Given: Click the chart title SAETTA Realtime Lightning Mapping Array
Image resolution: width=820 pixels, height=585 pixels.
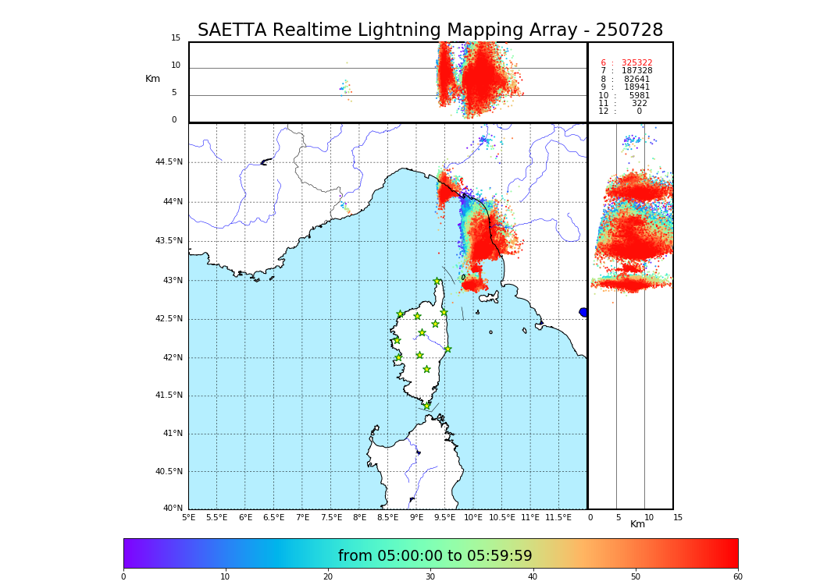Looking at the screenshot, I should pos(430,30).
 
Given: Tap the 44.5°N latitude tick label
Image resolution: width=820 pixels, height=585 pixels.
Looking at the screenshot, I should pos(169,162).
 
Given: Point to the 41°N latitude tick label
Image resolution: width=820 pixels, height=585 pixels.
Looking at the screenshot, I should pos(172,434).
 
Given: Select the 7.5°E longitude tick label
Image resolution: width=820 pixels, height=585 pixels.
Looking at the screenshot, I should pos(331,518).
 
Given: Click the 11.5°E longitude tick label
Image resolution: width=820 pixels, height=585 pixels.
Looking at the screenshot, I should pos(558,518).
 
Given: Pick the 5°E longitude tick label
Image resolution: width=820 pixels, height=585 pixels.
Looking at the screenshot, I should pos(188,518).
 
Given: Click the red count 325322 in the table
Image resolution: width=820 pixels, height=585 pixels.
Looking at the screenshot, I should pos(636,63).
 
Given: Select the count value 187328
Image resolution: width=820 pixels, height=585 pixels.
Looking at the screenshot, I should pos(636,71).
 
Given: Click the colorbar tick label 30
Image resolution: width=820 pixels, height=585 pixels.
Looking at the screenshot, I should pos(430,577).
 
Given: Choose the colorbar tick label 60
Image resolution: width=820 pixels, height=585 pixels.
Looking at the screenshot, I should pos(737,577).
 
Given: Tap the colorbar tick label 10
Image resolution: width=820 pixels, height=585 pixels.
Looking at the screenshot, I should pos(225,577).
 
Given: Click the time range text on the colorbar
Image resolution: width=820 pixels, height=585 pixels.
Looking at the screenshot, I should pos(435,556).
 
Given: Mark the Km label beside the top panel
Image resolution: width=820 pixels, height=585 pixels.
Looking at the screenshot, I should pos(152,79).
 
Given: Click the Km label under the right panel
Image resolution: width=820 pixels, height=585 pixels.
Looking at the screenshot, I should pos(637,524).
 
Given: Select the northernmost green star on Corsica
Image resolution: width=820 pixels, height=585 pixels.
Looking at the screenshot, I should pos(437,282).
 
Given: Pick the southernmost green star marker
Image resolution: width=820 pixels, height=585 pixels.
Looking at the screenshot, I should pos(426,406).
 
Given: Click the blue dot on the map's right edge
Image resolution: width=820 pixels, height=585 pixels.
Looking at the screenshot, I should pos(583,312).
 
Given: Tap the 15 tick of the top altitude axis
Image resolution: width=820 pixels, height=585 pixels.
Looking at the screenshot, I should pos(176,38).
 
